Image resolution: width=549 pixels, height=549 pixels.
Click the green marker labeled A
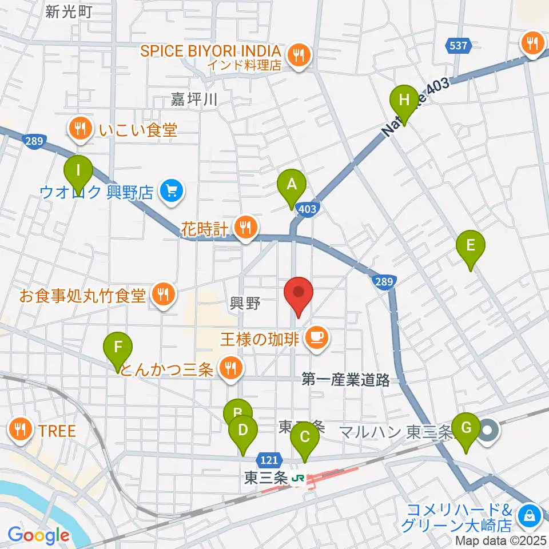(x=292, y=185)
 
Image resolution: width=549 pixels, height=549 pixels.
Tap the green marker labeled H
(x=404, y=100)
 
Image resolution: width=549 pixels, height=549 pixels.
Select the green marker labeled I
(x=78, y=170)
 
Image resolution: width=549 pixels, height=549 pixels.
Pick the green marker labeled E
(x=470, y=245)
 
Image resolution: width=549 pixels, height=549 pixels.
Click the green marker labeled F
(x=118, y=347)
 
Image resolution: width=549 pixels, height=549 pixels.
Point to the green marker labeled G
(x=466, y=428)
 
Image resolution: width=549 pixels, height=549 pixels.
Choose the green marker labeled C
(x=305, y=437)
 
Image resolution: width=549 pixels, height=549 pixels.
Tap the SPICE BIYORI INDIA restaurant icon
(x=298, y=55)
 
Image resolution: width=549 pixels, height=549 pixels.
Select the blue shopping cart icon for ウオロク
(x=170, y=190)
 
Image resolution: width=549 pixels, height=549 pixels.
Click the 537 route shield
(x=459, y=45)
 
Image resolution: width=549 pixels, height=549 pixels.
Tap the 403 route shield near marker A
(x=307, y=209)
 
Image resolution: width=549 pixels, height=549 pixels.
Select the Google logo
(x=38, y=535)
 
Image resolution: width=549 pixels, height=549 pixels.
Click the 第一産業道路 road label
(x=345, y=380)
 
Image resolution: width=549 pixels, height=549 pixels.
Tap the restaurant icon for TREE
(x=21, y=430)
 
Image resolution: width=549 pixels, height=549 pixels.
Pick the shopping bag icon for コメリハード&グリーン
(x=530, y=515)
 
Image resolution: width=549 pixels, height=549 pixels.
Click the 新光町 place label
(x=69, y=11)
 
